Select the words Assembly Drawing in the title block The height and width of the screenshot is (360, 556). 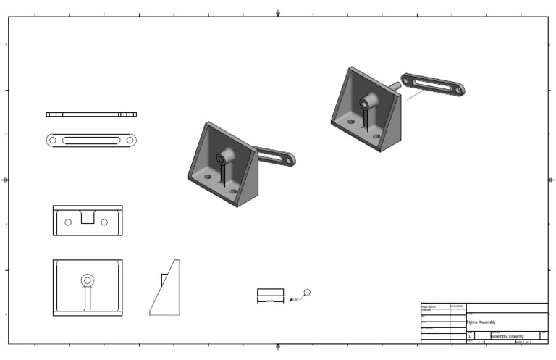click(507, 336)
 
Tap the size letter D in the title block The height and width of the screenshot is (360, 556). click(471, 336)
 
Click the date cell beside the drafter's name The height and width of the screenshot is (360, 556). click(458, 307)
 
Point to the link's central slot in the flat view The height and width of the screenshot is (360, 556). click(91, 140)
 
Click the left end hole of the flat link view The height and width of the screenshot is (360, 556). click(53, 140)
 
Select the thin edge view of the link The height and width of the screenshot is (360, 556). click(91, 114)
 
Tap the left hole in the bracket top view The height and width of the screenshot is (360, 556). click(68, 222)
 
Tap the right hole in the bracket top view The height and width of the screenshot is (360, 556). click(105, 222)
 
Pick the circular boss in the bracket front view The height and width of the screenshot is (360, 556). click(88, 279)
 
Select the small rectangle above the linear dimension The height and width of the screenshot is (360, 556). click(270, 293)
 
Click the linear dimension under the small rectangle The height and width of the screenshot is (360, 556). click(270, 301)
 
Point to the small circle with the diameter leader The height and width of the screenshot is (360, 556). click(308, 292)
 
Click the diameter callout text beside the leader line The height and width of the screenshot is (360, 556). click(293, 299)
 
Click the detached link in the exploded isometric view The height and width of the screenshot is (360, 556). click(433, 85)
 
